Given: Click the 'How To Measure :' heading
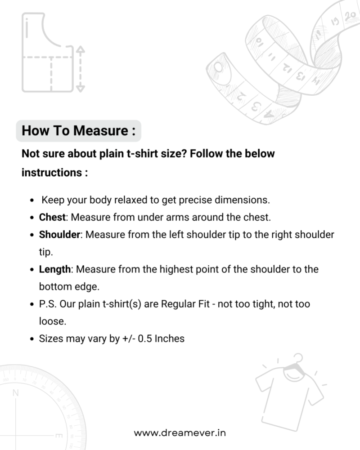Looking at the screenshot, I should click(x=78, y=131).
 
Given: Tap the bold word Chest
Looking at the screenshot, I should click(x=53, y=218).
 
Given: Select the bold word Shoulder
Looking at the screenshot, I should click(x=59, y=235).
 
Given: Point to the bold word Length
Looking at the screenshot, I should click(x=55, y=269).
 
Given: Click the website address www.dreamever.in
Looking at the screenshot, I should click(x=180, y=433).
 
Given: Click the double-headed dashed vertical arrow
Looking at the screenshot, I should click(x=80, y=68).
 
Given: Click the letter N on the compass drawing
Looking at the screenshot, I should click(x=16, y=393).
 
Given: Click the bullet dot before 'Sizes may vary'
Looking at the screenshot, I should click(x=31, y=339).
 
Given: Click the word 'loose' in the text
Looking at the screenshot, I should click(x=50, y=321).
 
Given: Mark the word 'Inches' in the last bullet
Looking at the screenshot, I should click(x=170, y=339).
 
